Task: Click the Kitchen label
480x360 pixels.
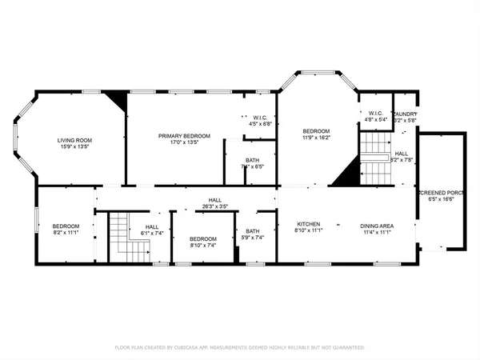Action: [x=309, y=224]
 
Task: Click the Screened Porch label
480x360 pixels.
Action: [x=440, y=194]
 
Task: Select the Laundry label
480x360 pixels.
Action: [x=404, y=114]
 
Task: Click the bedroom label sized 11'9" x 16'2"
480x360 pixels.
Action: [x=315, y=130]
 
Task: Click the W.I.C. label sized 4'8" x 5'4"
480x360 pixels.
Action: [x=375, y=114]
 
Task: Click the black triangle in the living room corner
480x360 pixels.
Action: [x=118, y=98]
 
